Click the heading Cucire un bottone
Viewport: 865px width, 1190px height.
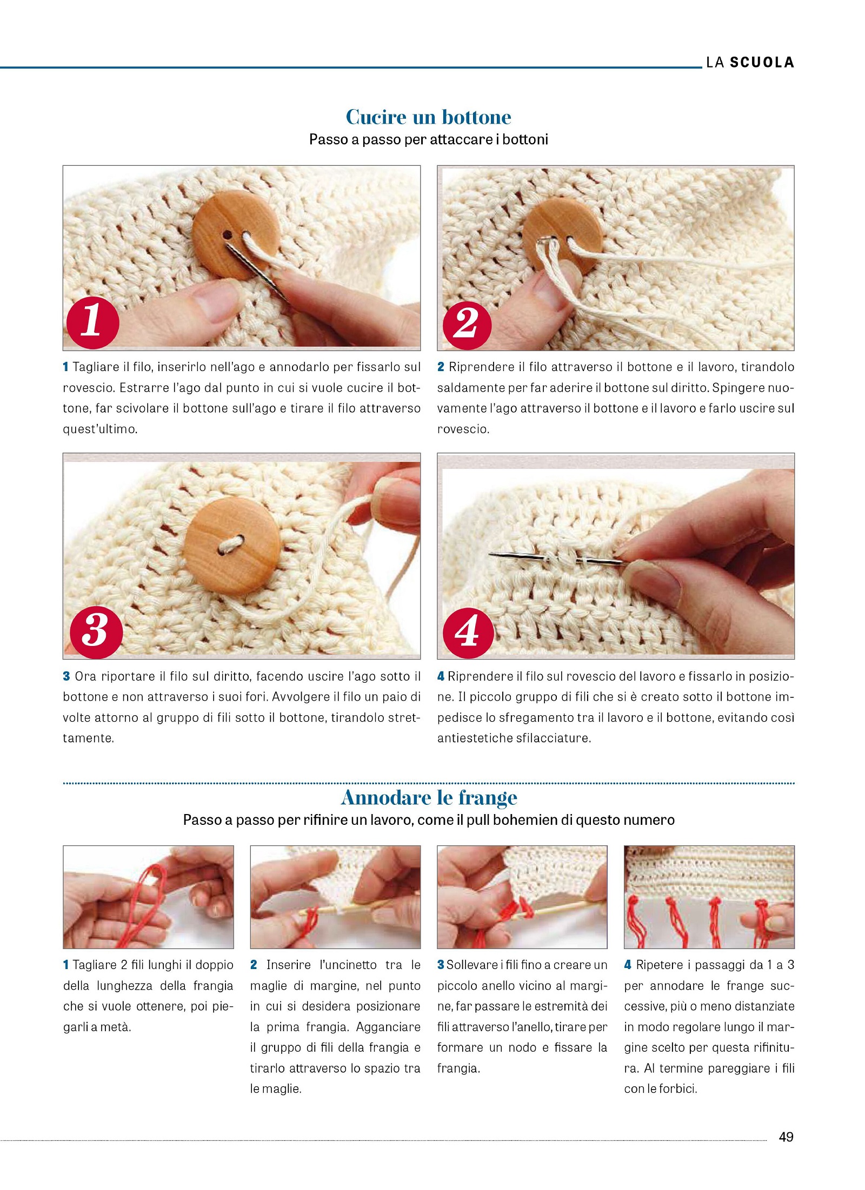428,117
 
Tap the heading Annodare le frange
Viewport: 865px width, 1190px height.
429,797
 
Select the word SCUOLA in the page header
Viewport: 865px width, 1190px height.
762,63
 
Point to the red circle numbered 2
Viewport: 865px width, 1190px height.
467,323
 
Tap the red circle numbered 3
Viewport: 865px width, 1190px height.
96,630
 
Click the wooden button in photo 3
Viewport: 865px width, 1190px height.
231,546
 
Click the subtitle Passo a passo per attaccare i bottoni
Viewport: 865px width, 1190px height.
429,139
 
